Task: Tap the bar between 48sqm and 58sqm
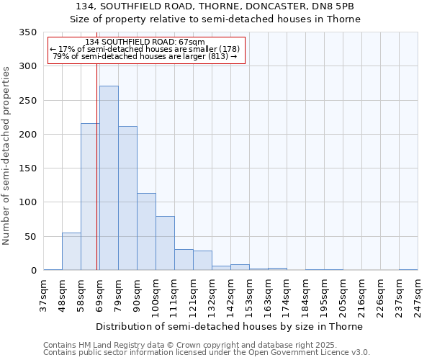[71, 251]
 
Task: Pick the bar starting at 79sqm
[127, 198]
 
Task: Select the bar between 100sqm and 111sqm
[165, 243]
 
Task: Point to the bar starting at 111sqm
[184, 260]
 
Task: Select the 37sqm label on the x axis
[43, 295]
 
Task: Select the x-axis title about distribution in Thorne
[229, 326]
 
